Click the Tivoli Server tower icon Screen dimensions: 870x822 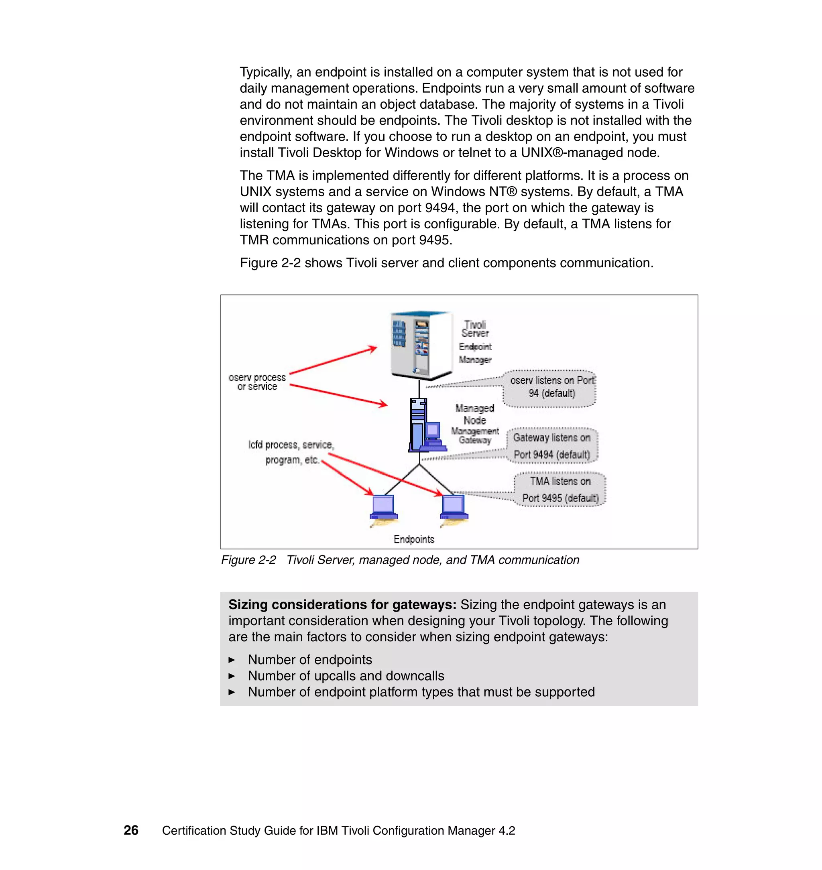pos(420,345)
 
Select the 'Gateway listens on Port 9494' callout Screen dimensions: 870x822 pos(551,445)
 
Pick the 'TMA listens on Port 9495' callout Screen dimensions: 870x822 pos(560,489)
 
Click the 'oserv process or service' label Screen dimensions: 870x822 pos(257,382)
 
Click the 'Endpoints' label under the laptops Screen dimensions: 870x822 pos(414,539)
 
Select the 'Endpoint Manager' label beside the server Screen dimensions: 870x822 pos(475,353)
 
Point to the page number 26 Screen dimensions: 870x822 pos(130,830)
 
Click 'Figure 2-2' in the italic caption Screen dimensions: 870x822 pos(248,560)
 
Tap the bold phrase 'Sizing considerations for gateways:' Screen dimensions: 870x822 pos(342,604)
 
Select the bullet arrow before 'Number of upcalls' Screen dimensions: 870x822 pos(232,676)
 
